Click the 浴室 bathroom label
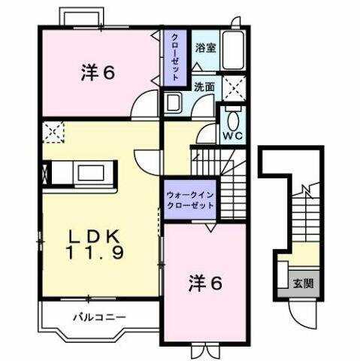click(x=204, y=47)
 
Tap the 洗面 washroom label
click(x=204, y=86)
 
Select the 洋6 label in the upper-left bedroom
click(x=97, y=72)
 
